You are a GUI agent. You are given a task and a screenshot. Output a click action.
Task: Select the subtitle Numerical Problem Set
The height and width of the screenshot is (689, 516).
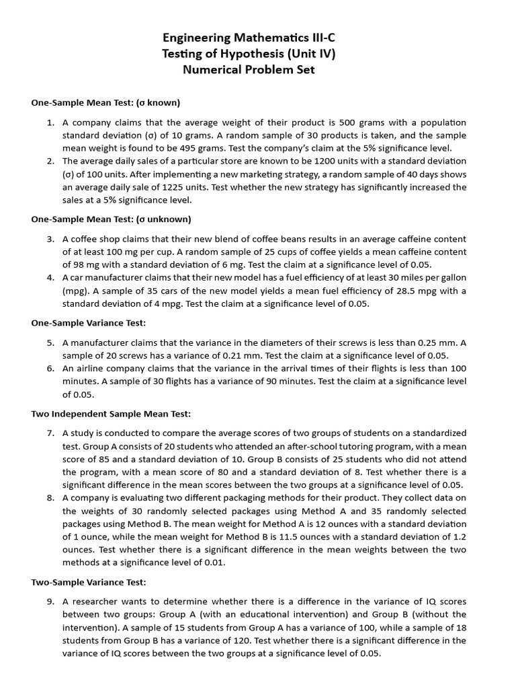[258, 69]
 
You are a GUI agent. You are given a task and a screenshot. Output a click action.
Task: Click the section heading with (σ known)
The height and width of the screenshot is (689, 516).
[105, 103]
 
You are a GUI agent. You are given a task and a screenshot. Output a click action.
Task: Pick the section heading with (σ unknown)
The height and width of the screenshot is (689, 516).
[111, 219]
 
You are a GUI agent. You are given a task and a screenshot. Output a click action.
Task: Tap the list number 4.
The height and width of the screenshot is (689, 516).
[50, 278]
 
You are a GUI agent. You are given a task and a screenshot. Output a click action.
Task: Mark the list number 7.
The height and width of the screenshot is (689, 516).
[50, 433]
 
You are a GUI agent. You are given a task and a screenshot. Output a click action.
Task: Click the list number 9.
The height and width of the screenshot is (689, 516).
[50, 602]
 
